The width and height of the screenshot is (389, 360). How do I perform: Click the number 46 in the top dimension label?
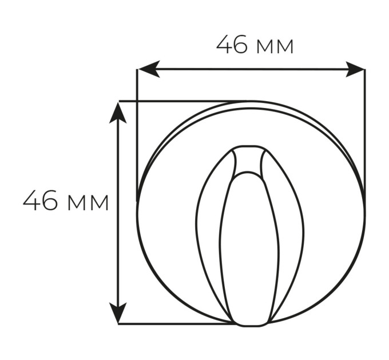click(232, 44)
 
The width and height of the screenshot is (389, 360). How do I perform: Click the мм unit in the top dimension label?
click(275, 47)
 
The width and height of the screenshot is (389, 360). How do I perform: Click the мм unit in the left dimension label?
click(88, 203)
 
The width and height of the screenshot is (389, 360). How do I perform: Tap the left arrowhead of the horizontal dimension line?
click(149, 69)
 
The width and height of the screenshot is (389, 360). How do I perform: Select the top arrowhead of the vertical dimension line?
click(118, 113)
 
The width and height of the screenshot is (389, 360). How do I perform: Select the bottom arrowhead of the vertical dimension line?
click(118, 313)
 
